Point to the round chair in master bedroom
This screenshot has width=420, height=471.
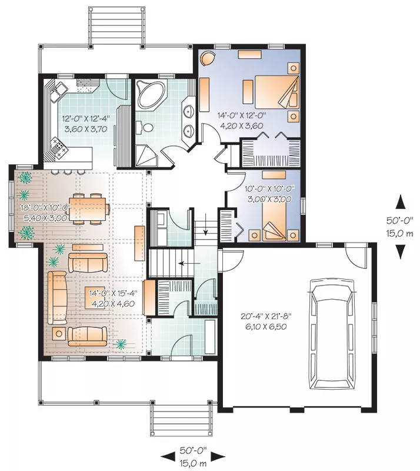[208, 58]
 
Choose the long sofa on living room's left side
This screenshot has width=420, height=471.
[57, 298]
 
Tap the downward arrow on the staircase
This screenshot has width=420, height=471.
[206, 224]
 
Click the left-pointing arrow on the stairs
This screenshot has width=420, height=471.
[189, 263]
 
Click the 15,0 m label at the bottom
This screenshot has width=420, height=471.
[194, 463]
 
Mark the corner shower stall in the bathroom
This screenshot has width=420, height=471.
[146, 155]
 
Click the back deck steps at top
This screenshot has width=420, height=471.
[116, 26]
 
